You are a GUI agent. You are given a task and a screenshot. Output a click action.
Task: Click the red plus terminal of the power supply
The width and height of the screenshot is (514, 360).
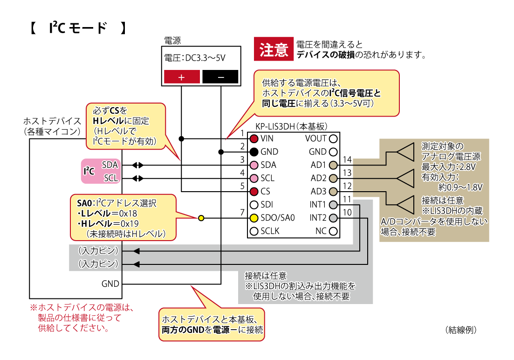pyautogui.click(x=182, y=77)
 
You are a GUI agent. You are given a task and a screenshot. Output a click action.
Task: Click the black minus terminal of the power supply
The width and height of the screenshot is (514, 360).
pyautogui.click(x=220, y=77)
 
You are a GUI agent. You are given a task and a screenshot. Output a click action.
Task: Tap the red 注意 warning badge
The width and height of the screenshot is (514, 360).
pyautogui.click(x=274, y=49)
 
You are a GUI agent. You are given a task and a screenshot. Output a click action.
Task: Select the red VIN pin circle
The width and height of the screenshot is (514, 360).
pyautogui.click(x=254, y=138)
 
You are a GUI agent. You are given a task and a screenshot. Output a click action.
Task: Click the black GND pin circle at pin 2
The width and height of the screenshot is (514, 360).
pyautogui.click(x=254, y=152)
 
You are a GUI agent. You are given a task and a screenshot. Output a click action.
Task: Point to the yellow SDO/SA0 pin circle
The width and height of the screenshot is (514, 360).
pyautogui.click(x=254, y=218)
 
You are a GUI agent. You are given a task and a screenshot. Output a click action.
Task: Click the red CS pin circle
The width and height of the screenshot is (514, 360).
pyautogui.click(x=254, y=191)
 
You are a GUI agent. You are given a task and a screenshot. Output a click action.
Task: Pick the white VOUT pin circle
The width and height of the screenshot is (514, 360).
pyautogui.click(x=333, y=138)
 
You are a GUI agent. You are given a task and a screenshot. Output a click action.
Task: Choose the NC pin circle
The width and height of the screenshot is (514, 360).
pyautogui.click(x=333, y=231)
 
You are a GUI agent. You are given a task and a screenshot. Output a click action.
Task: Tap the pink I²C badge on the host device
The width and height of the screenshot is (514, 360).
pyautogui.click(x=89, y=171)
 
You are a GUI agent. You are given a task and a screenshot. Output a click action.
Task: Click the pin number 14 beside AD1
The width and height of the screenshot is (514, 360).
pyautogui.click(x=347, y=160)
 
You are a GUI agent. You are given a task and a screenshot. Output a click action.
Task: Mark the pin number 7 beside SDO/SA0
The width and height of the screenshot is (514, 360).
pyautogui.click(x=242, y=213)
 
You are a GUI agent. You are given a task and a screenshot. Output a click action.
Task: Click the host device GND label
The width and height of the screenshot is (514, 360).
pyautogui.click(x=110, y=284)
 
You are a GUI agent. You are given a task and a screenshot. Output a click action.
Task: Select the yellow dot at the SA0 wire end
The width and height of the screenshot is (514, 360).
pyautogui.click(x=201, y=218)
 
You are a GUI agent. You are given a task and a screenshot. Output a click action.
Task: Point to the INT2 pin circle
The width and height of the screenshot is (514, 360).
pyautogui.click(x=333, y=218)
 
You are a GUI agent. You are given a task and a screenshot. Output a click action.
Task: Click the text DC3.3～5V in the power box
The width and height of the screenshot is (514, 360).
pyautogui.click(x=206, y=59)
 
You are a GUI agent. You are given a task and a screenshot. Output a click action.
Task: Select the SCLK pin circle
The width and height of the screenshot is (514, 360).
pyautogui.click(x=254, y=231)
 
